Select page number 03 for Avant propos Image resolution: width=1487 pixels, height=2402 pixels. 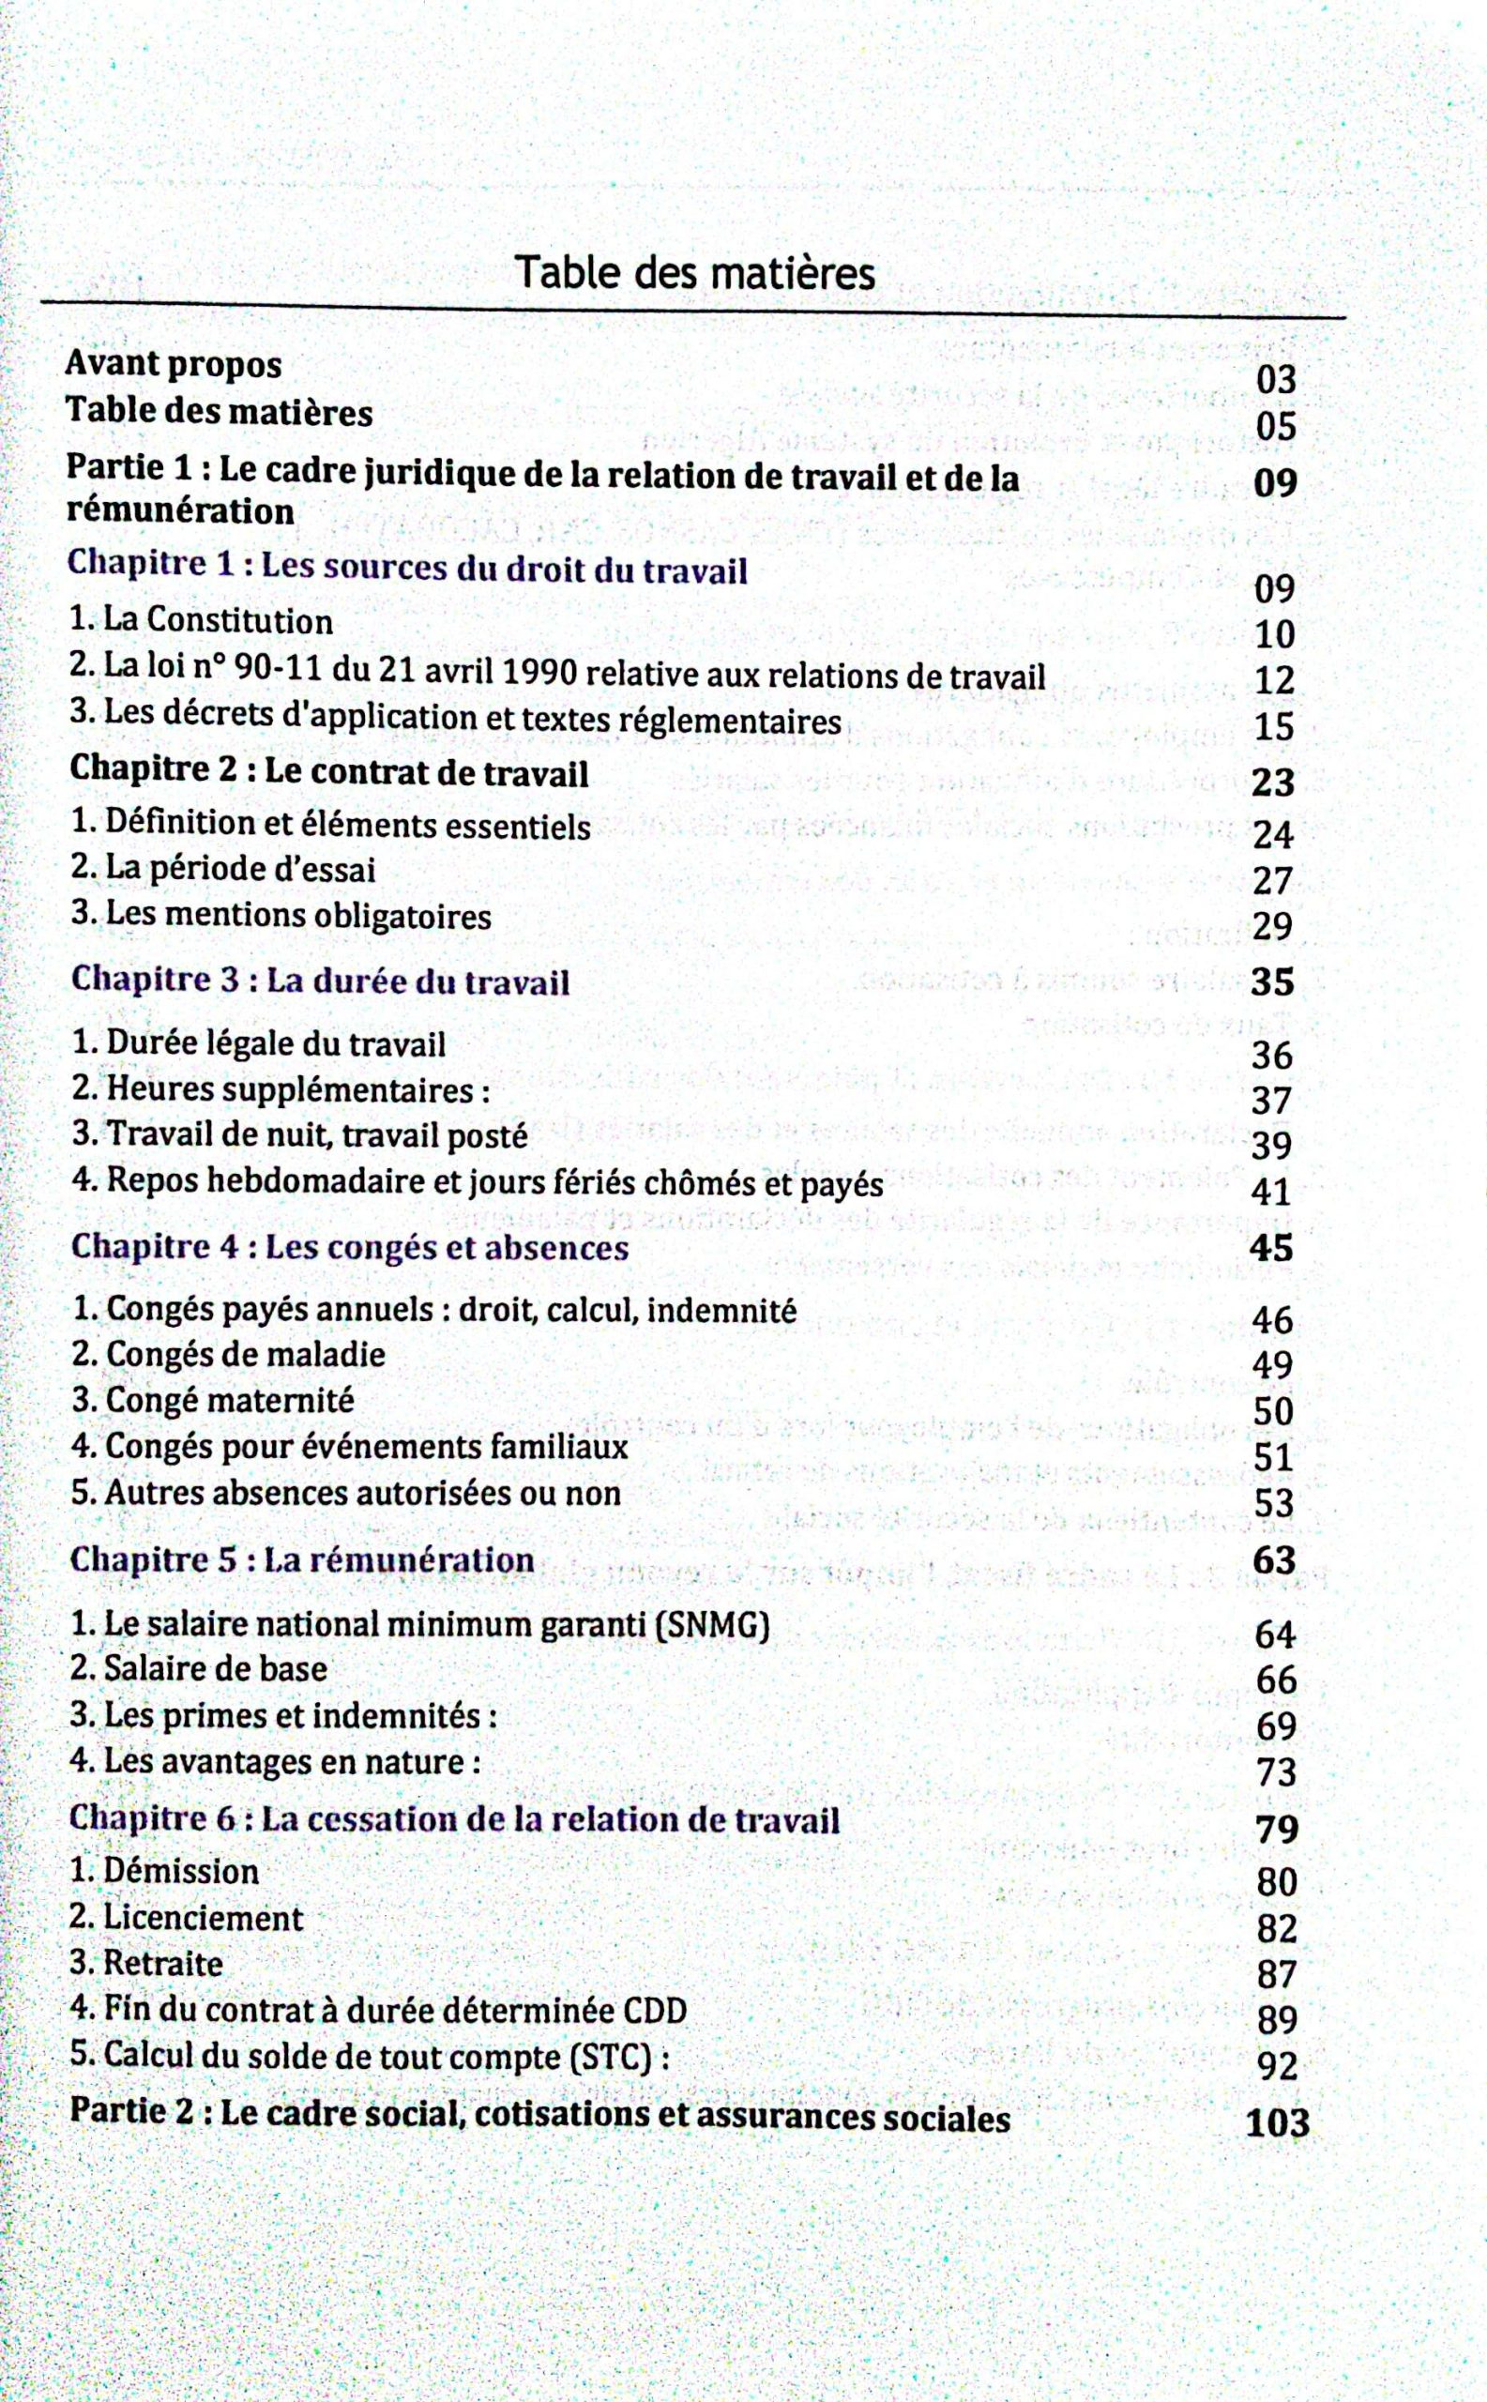(x=1276, y=380)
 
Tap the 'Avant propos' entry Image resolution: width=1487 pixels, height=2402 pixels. (x=173, y=365)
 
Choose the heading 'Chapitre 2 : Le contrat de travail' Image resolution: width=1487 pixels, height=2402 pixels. (x=329, y=772)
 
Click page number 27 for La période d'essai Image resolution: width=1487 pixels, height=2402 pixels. (x=1271, y=880)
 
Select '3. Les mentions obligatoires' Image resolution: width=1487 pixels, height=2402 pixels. (x=281, y=916)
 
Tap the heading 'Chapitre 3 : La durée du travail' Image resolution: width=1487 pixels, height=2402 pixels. (x=321, y=981)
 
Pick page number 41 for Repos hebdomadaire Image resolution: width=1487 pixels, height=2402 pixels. (x=1270, y=1193)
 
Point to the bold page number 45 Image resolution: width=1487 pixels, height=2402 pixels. (x=1270, y=1247)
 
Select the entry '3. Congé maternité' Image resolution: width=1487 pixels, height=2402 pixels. (x=212, y=1400)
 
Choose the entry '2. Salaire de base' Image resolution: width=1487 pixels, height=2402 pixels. (x=200, y=1669)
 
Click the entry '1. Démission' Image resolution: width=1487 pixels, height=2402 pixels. (x=165, y=1871)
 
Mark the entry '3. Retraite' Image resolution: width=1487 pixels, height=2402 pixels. (x=146, y=1963)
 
